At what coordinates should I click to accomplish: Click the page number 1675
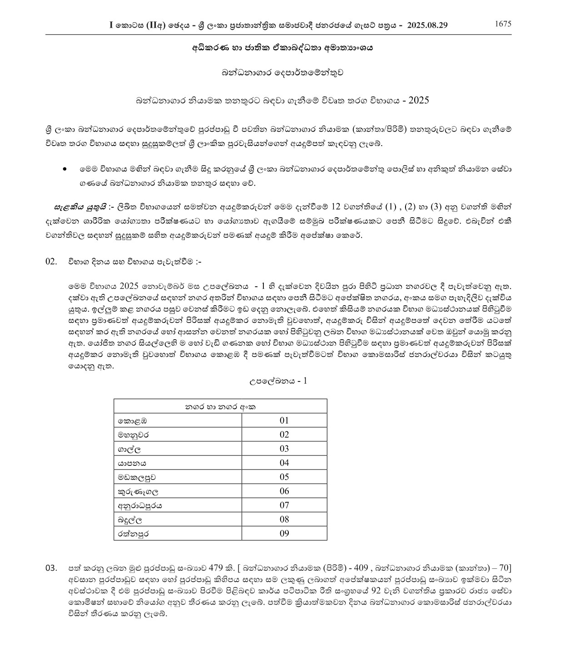click(x=503, y=24)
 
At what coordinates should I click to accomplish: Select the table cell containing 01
click(x=284, y=420)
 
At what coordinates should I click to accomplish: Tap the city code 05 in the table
click(x=284, y=477)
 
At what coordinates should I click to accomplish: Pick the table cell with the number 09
click(x=284, y=533)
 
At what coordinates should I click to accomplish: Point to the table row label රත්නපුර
click(x=134, y=533)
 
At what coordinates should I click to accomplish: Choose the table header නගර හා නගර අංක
click(x=220, y=406)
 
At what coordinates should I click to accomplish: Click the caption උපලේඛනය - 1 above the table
click(x=278, y=381)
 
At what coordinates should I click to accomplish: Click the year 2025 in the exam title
click(x=418, y=100)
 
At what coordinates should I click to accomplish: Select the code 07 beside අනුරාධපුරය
click(x=284, y=505)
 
